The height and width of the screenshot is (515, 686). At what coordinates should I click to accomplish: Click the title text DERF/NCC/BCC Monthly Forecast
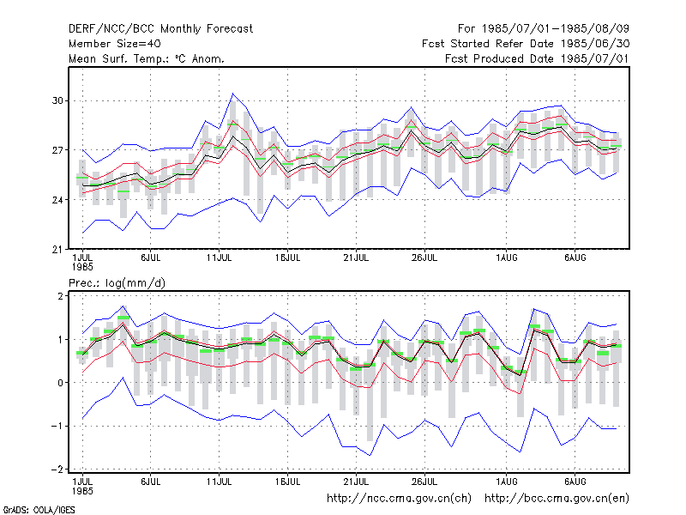click(160, 29)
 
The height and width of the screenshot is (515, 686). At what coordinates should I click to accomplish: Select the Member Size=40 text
click(115, 44)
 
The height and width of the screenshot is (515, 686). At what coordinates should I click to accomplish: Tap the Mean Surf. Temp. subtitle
click(147, 58)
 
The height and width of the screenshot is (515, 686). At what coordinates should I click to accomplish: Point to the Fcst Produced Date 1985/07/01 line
click(537, 58)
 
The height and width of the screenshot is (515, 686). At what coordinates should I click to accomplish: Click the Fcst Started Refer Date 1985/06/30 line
click(526, 44)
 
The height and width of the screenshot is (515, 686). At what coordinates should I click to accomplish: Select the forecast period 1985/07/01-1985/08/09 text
click(544, 29)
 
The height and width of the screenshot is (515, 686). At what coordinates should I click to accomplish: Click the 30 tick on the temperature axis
click(57, 100)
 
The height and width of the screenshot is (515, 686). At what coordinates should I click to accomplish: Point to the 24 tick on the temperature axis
click(57, 200)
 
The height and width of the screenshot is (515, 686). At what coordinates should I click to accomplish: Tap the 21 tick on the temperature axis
click(57, 250)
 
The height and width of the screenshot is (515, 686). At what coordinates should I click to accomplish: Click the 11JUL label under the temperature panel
click(220, 258)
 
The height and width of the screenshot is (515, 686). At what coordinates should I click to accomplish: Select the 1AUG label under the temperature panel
click(507, 258)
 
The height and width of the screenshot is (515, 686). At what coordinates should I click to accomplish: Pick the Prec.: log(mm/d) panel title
click(117, 283)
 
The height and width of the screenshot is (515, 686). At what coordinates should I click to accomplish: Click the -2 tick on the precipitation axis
click(57, 470)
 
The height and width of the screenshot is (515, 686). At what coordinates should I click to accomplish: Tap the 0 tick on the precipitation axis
click(60, 383)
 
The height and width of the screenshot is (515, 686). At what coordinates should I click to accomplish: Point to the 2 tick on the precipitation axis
click(60, 296)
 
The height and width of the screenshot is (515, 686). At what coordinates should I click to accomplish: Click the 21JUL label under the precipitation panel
click(356, 482)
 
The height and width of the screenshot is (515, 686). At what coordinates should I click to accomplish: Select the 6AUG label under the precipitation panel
click(575, 482)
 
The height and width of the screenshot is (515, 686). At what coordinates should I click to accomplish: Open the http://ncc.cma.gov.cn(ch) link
click(399, 499)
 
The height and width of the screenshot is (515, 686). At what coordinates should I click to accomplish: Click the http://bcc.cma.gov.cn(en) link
click(557, 499)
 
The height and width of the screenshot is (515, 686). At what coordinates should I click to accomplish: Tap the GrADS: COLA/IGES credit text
click(39, 510)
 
